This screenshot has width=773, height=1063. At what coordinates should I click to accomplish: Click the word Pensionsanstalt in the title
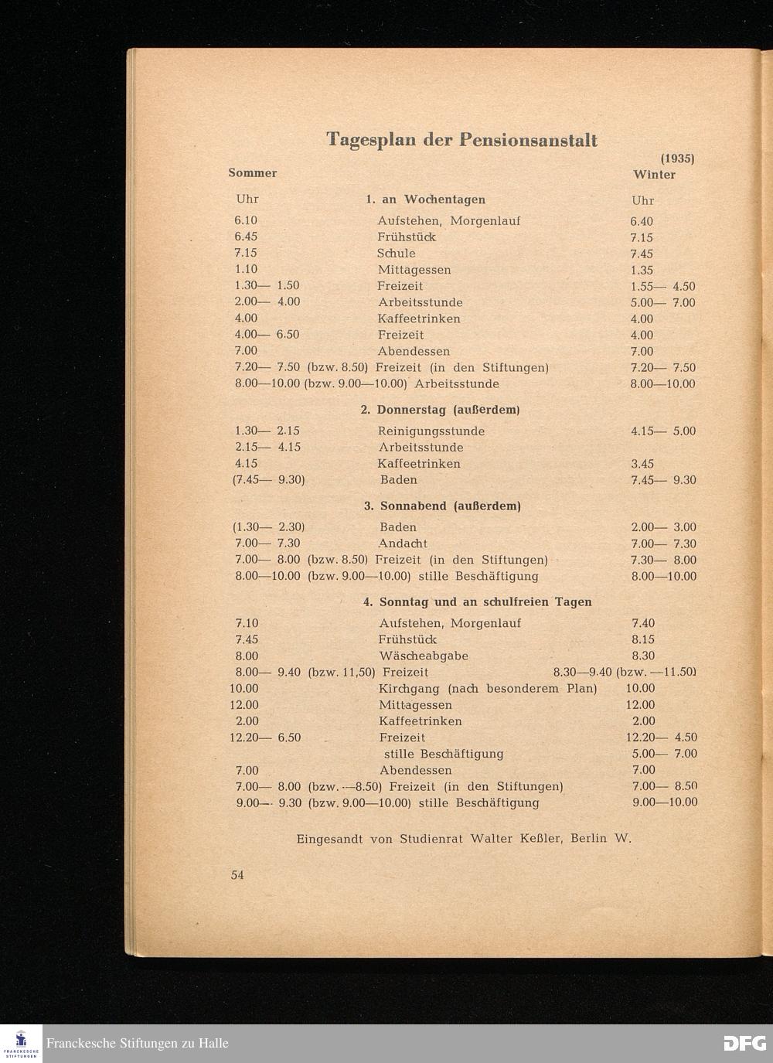(528, 140)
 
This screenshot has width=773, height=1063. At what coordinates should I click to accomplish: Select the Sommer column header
(252, 173)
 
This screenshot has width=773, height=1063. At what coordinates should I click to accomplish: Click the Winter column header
(654, 175)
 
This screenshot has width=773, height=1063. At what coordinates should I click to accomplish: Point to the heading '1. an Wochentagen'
(425, 199)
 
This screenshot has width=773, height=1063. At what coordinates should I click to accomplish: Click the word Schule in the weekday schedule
(396, 254)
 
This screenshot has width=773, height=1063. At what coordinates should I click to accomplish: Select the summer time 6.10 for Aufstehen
(246, 221)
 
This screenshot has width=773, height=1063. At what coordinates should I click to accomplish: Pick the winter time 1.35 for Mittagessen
(642, 271)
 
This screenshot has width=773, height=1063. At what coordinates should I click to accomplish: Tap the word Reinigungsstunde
(431, 431)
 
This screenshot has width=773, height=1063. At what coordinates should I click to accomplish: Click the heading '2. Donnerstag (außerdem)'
(440, 410)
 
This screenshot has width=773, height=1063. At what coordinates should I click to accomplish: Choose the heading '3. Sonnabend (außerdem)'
(442, 506)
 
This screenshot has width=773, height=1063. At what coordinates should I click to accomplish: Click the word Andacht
(402, 543)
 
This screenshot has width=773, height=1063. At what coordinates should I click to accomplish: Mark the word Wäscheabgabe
(423, 656)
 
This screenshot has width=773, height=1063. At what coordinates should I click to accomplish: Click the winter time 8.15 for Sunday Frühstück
(643, 640)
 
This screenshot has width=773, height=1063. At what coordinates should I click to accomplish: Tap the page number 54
(237, 875)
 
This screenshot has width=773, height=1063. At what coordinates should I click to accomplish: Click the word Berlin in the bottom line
(588, 839)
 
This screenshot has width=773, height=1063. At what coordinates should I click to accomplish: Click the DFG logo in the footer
(744, 1043)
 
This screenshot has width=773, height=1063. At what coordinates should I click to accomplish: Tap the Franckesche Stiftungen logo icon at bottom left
(21, 1043)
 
